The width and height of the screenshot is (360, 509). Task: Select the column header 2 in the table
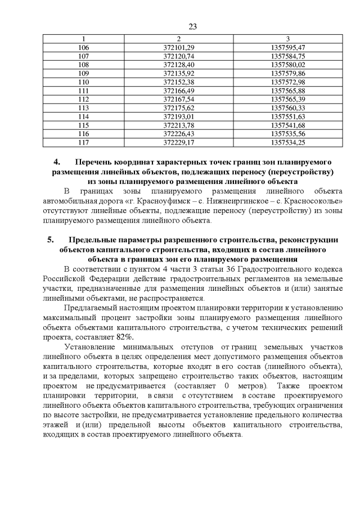click(x=178, y=39)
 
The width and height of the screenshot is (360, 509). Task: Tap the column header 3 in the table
click(x=287, y=39)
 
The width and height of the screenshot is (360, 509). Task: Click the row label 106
click(x=83, y=47)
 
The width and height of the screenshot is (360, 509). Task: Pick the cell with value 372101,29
click(x=178, y=47)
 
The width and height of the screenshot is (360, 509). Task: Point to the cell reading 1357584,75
click(x=287, y=56)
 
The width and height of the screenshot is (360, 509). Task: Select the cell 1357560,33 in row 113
click(x=287, y=107)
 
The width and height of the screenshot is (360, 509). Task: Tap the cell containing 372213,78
click(x=178, y=125)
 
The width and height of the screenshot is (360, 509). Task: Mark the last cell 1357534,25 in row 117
click(x=287, y=142)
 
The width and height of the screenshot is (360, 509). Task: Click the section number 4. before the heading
click(x=56, y=161)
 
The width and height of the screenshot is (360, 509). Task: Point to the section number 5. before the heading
click(x=51, y=240)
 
